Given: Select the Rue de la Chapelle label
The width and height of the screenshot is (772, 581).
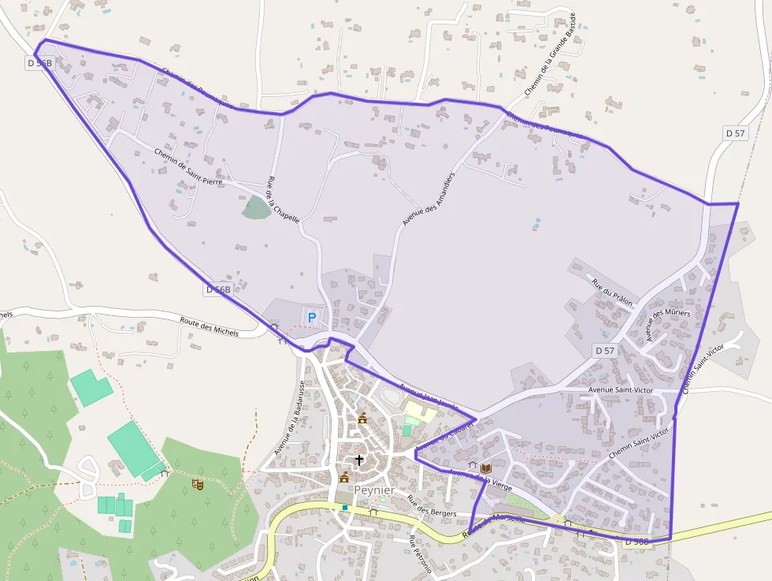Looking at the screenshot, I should pyautogui.click(x=284, y=199).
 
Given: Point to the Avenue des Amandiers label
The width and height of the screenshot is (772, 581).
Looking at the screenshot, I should pyautogui.click(x=429, y=199).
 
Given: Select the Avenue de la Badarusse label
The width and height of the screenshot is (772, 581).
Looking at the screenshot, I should pyautogui.click(x=290, y=418).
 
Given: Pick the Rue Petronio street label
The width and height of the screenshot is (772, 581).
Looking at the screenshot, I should pyautogui.click(x=419, y=557).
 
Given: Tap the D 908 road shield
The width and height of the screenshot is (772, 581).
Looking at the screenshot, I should pyautogui.click(x=636, y=542).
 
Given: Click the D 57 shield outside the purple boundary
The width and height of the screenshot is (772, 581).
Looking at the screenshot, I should pyautogui.click(x=735, y=133).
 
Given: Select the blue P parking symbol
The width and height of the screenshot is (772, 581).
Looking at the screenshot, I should pyautogui.click(x=311, y=318).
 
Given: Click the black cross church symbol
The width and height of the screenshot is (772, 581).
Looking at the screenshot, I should pyautogui.click(x=359, y=460).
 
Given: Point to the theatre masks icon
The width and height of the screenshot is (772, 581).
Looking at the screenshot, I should pyautogui.click(x=197, y=485).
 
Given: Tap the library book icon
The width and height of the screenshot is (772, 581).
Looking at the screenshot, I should pyautogui.click(x=485, y=468).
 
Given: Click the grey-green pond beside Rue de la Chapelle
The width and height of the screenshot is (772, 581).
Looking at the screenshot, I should pyautogui.click(x=255, y=207).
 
